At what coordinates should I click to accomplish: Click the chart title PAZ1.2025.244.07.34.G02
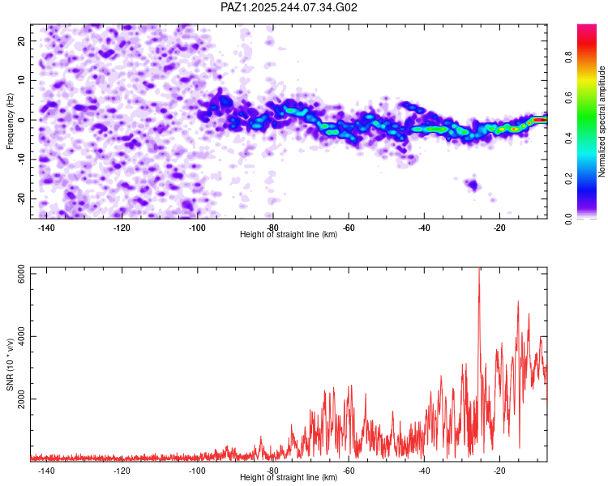289,7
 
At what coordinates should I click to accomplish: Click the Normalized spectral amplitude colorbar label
602,122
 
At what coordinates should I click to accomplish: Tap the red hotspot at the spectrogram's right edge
539,120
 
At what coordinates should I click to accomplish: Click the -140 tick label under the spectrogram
46,228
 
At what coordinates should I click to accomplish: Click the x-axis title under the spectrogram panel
289,234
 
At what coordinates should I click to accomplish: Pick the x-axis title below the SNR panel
289,477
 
